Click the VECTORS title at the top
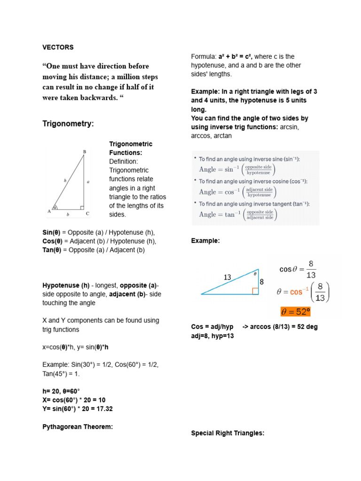(58, 47)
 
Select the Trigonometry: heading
(68, 124)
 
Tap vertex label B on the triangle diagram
(85, 152)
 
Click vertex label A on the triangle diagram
(49, 211)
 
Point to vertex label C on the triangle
(87, 214)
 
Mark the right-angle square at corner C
(82, 207)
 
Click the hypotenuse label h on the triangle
(65, 180)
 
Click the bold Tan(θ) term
(53, 250)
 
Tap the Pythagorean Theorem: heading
(78, 427)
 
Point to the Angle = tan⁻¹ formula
(238, 215)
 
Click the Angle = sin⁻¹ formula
(237, 169)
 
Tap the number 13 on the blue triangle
(228, 277)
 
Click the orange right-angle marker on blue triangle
(255, 291)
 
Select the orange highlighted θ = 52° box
(296, 312)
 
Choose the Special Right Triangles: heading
(228, 433)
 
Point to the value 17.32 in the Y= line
(103, 409)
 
